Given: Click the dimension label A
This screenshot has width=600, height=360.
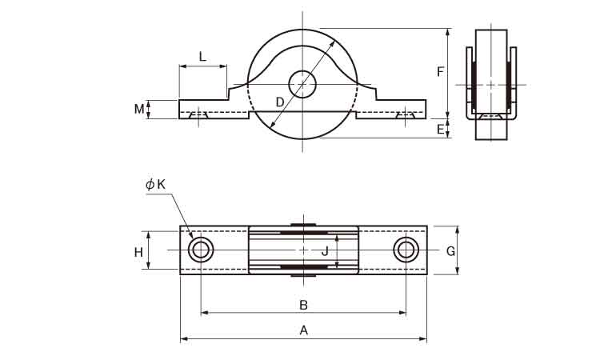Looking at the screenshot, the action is [x=303, y=330].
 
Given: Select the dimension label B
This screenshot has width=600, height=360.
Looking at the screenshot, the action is [x=303, y=305].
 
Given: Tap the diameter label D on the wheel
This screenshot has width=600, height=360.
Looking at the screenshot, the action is [x=280, y=102].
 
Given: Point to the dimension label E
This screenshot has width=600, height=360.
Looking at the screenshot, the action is [x=441, y=130].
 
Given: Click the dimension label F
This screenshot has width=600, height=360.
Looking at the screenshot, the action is [x=441, y=71].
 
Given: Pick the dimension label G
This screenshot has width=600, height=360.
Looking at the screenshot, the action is [x=450, y=251].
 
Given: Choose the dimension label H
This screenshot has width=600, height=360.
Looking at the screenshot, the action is [x=138, y=252].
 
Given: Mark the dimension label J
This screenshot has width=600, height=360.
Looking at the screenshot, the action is [x=325, y=251].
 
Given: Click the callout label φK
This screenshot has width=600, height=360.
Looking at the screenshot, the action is [x=155, y=184].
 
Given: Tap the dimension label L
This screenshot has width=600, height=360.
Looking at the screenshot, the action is [x=202, y=57].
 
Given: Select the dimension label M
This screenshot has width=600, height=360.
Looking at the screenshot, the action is [x=139, y=109].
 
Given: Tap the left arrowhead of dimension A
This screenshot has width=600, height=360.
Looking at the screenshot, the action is [x=184, y=338].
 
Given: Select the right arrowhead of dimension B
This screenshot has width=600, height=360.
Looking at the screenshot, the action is [x=402, y=313].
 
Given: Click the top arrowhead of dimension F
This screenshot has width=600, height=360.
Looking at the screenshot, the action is [x=448, y=32].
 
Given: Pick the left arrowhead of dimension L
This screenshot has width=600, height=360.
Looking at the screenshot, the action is [x=183, y=66].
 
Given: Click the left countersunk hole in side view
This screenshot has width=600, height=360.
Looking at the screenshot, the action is [x=198, y=115].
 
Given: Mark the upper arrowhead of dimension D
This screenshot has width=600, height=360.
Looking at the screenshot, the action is [x=333, y=42].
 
